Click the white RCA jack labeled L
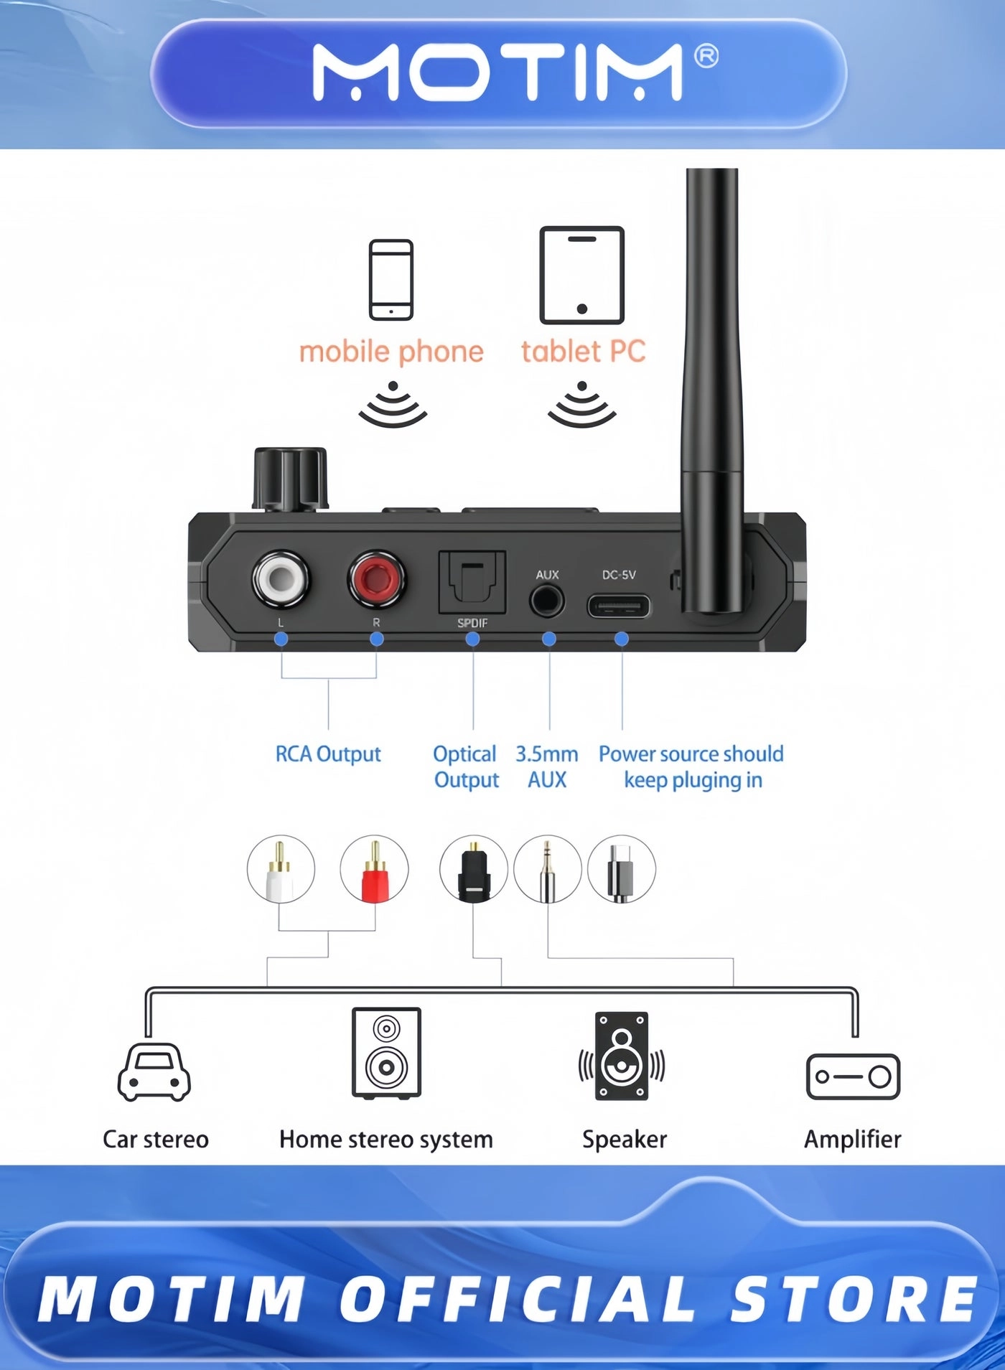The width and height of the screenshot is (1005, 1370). click(281, 578)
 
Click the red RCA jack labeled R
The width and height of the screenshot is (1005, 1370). click(376, 578)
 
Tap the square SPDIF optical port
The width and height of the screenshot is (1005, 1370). click(472, 582)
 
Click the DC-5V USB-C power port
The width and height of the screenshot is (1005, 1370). click(619, 606)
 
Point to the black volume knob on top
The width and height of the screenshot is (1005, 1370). click(290, 479)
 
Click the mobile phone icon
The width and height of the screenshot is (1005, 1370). click(391, 279)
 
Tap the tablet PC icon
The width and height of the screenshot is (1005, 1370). click(582, 275)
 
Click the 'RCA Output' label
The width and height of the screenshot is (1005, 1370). click(328, 754)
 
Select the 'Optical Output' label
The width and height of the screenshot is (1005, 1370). click(466, 766)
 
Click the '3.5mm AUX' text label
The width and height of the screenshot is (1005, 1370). click(547, 766)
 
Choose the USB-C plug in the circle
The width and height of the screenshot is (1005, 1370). click(621, 869)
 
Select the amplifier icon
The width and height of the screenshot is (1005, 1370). click(853, 1076)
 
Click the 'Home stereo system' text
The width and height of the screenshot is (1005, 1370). click(386, 1139)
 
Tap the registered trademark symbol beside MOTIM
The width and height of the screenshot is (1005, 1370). click(706, 56)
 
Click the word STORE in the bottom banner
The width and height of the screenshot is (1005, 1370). click(854, 1300)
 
